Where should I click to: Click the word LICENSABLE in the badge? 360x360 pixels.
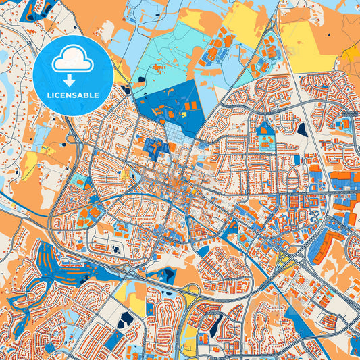73,95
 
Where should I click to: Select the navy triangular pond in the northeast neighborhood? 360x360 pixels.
302,128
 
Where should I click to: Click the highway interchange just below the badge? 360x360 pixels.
72,138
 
